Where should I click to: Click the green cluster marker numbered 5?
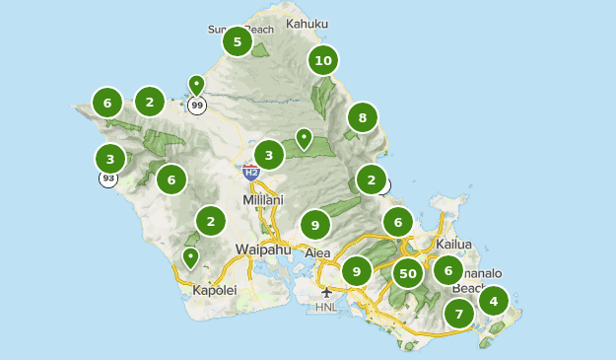pos(237,42)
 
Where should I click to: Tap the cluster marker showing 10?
pos(322,60)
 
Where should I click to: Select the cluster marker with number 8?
pos(363,118)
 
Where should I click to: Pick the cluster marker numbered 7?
pos(458,315)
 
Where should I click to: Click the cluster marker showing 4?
pos(493,300)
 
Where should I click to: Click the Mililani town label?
pos(262,200)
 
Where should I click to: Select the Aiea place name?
pos(317,253)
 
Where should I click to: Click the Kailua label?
pos(455,244)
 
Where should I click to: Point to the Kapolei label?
pos(214,290)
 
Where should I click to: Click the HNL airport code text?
pos(326,307)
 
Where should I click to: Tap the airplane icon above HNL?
pos(326,292)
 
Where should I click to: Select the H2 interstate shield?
pos(251,172)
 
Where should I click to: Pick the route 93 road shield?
pos(107,179)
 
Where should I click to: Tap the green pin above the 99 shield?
pos(196,86)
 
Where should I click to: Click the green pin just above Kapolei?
pos(190,258)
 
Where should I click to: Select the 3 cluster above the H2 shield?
pos(269,155)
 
